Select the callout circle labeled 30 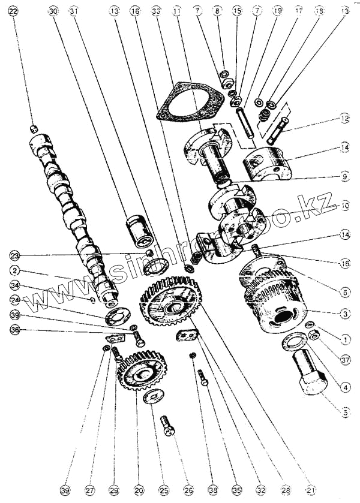tap(53, 11)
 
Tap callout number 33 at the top tap(157, 11)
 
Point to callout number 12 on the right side tap(343, 119)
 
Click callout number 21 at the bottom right tap(310, 490)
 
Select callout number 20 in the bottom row tap(139, 490)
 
